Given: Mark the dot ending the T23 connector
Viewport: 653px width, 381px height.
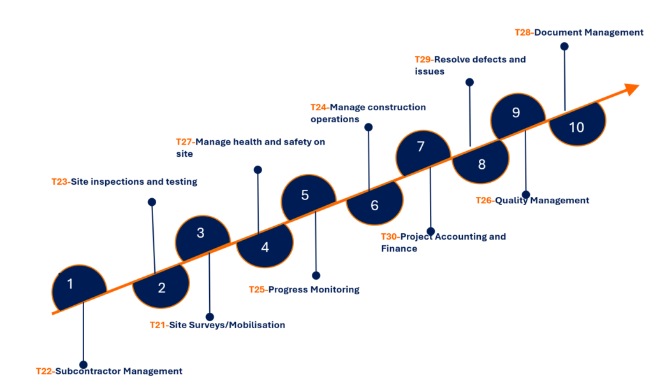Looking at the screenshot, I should point(152,202).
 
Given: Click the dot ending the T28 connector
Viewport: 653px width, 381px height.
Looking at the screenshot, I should point(564,47).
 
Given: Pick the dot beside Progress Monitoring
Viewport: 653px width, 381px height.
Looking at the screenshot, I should point(316,275).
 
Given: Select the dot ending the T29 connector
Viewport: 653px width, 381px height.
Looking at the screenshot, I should point(469,82).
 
